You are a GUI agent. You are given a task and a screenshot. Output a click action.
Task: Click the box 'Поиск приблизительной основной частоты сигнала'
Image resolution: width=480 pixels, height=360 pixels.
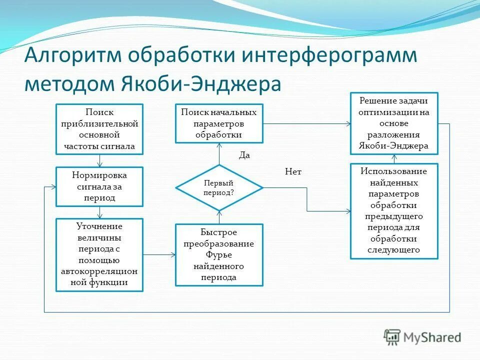(x=99, y=129)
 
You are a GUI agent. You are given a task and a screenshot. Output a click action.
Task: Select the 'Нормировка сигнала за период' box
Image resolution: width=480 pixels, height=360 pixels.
(x=99, y=186)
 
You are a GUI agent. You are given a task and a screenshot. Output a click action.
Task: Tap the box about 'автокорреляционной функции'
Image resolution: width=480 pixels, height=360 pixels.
(x=99, y=255)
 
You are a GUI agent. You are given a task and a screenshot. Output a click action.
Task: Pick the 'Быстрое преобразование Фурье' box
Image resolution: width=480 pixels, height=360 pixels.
(x=219, y=255)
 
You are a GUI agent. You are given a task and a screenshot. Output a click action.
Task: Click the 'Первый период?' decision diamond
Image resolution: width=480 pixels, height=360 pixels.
(x=219, y=187)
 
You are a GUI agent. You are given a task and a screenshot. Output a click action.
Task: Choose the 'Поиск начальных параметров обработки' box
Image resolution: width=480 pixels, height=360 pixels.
(x=219, y=123)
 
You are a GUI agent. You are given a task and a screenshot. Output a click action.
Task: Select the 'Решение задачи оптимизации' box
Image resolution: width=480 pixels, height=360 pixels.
(x=394, y=123)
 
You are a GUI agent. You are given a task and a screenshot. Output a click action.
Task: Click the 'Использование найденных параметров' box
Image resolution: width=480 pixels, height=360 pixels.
(x=394, y=211)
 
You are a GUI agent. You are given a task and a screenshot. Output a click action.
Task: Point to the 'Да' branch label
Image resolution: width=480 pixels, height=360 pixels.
(x=244, y=155)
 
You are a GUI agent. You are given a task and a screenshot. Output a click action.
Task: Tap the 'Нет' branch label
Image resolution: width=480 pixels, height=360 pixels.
(x=293, y=171)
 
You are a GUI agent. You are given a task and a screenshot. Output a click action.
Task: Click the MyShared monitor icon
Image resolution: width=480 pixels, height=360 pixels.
(x=392, y=337)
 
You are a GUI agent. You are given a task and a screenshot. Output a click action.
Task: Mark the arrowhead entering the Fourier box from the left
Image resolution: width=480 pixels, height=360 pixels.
(x=173, y=255)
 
